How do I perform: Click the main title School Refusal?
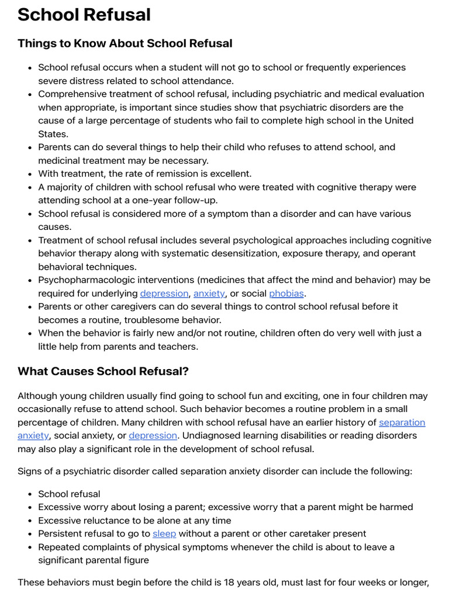[x=84, y=15]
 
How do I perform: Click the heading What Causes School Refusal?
[x=103, y=371]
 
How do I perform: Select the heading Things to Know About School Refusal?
[x=125, y=43]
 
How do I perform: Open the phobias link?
[x=286, y=294]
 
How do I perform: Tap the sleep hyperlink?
[x=164, y=533]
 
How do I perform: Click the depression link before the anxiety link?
[x=164, y=294]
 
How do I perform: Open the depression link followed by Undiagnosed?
[x=153, y=435]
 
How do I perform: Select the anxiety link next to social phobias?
[x=209, y=294]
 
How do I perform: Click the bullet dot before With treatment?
[x=29, y=174]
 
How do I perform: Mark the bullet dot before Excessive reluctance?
[x=29, y=521]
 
